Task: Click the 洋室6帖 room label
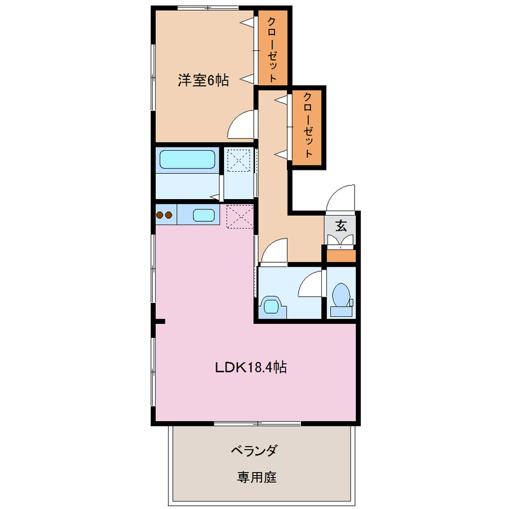pos(203,80)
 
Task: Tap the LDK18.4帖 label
pos(251,367)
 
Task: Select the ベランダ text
pos(254,450)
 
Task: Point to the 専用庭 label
pos(256,477)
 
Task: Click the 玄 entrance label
pos(341,225)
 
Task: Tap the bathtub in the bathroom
pos(187,160)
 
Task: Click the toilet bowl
pos(341,295)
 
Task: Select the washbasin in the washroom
pos(272,306)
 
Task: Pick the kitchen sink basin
pos(204,215)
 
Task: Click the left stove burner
pos(160,215)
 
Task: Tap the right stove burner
pos(169,215)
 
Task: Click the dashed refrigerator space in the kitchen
pos(240,216)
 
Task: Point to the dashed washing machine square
pos(239,160)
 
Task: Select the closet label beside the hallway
pos(308,125)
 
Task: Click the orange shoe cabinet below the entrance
pos(341,256)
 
